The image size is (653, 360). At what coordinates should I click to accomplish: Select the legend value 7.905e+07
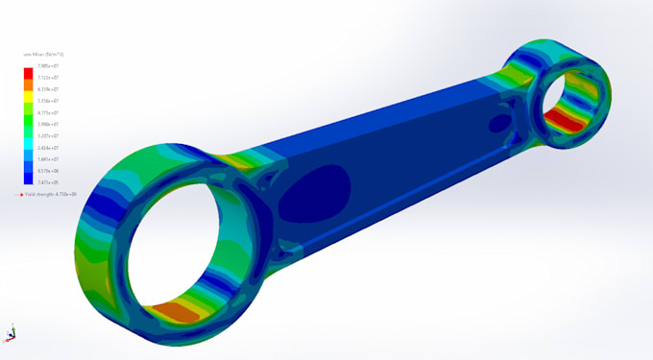click(x=45, y=65)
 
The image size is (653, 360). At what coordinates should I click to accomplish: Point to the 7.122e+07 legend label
click(x=45, y=77)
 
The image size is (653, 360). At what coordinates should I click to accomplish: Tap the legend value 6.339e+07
click(x=45, y=88)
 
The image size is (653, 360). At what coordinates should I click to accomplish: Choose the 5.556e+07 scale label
click(x=45, y=101)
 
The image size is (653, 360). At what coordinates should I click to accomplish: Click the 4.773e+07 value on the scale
click(x=45, y=112)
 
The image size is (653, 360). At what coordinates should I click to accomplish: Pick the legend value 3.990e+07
click(x=45, y=124)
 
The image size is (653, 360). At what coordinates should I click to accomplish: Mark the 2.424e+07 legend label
click(x=45, y=148)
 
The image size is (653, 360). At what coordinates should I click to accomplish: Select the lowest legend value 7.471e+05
click(x=45, y=182)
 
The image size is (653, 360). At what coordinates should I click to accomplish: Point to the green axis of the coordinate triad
click(x=9, y=327)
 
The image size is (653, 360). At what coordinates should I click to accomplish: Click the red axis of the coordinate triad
click(x=12, y=338)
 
